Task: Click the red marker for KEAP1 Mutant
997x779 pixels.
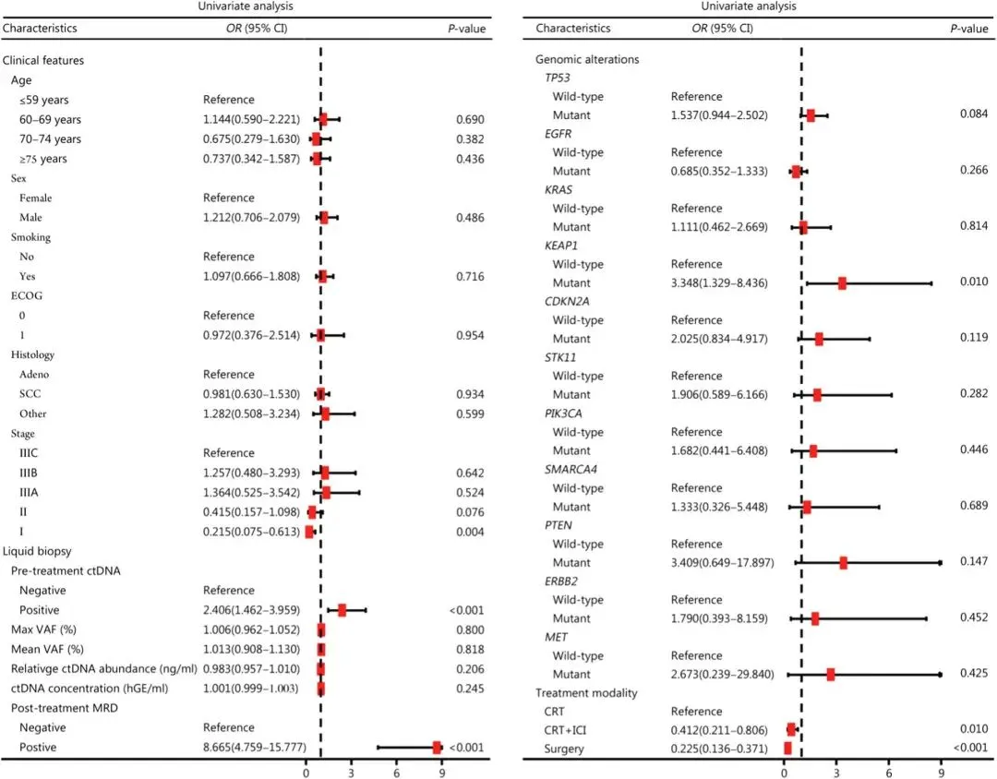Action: (x=842, y=283)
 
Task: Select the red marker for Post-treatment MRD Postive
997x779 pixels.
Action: (x=437, y=748)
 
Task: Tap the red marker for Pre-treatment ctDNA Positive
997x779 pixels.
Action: (x=342, y=610)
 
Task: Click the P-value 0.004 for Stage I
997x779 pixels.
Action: (x=470, y=532)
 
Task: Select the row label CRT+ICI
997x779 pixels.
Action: (x=565, y=730)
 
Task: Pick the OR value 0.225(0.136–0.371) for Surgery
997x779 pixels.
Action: (x=719, y=749)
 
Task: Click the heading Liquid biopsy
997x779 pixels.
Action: (x=37, y=551)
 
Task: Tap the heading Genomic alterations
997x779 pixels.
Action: (x=587, y=59)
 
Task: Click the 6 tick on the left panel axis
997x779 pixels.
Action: (x=397, y=773)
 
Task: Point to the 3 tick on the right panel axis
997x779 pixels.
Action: (x=836, y=773)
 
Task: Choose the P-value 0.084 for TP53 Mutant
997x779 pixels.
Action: (x=974, y=114)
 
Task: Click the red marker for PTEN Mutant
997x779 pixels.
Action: (x=843, y=563)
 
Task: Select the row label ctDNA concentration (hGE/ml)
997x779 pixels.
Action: (x=90, y=689)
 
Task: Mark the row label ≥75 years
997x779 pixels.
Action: (x=42, y=159)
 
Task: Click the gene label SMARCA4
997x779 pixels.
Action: (x=571, y=469)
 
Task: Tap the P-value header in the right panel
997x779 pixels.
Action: (x=969, y=28)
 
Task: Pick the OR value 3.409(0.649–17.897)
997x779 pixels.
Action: (x=722, y=563)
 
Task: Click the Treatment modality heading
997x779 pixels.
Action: (x=586, y=693)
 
